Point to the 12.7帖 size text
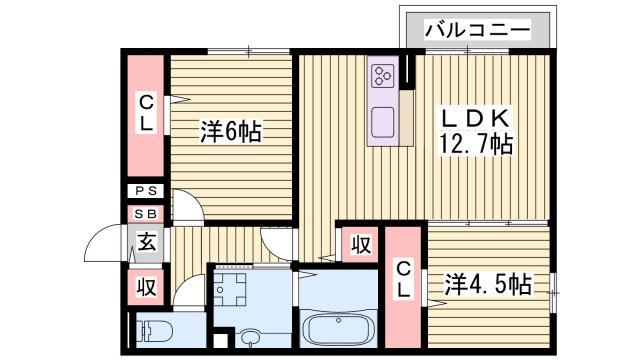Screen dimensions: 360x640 pos(476,144)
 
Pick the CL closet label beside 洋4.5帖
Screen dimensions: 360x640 pos(403,279)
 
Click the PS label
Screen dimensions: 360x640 pos(146,191)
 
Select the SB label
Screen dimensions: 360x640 pos(146,214)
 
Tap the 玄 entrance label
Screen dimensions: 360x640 pos(146,241)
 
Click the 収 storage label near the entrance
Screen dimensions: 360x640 pos(146,287)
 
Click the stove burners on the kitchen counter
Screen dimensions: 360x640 pos(382,75)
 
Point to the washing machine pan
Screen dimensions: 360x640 pos(234,290)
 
